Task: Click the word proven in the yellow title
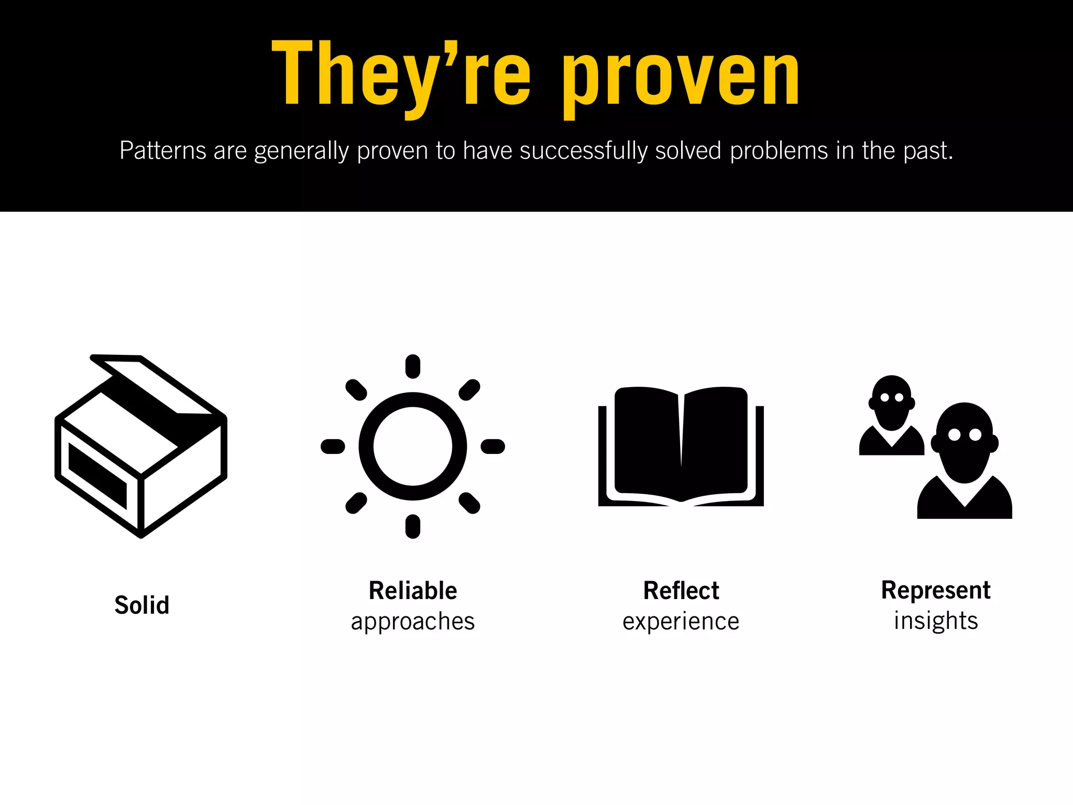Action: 681,79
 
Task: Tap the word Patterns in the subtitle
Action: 163,151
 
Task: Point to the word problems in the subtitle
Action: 779,151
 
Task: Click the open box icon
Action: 141,446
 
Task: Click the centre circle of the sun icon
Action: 413,447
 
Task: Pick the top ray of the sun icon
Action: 413,366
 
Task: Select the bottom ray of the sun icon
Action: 413,526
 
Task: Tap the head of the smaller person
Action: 892,401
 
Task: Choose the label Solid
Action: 142,605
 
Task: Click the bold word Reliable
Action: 413,591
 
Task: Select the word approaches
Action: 413,622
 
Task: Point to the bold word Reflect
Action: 681,591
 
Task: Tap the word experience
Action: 681,622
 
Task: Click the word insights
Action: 936,621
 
